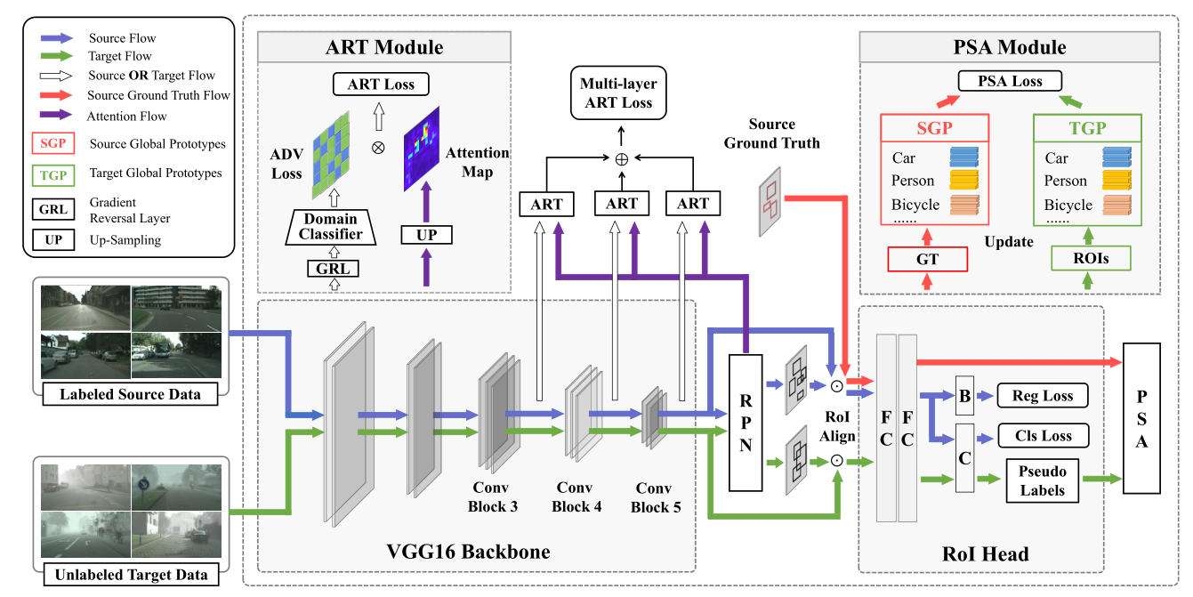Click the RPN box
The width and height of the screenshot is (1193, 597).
click(746, 423)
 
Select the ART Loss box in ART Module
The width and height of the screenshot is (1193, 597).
click(381, 85)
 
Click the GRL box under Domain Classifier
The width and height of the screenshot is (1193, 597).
click(330, 268)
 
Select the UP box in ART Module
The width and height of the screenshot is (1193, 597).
click(426, 235)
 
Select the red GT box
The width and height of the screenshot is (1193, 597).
click(928, 259)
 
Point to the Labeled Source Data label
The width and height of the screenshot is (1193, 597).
click(130, 394)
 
